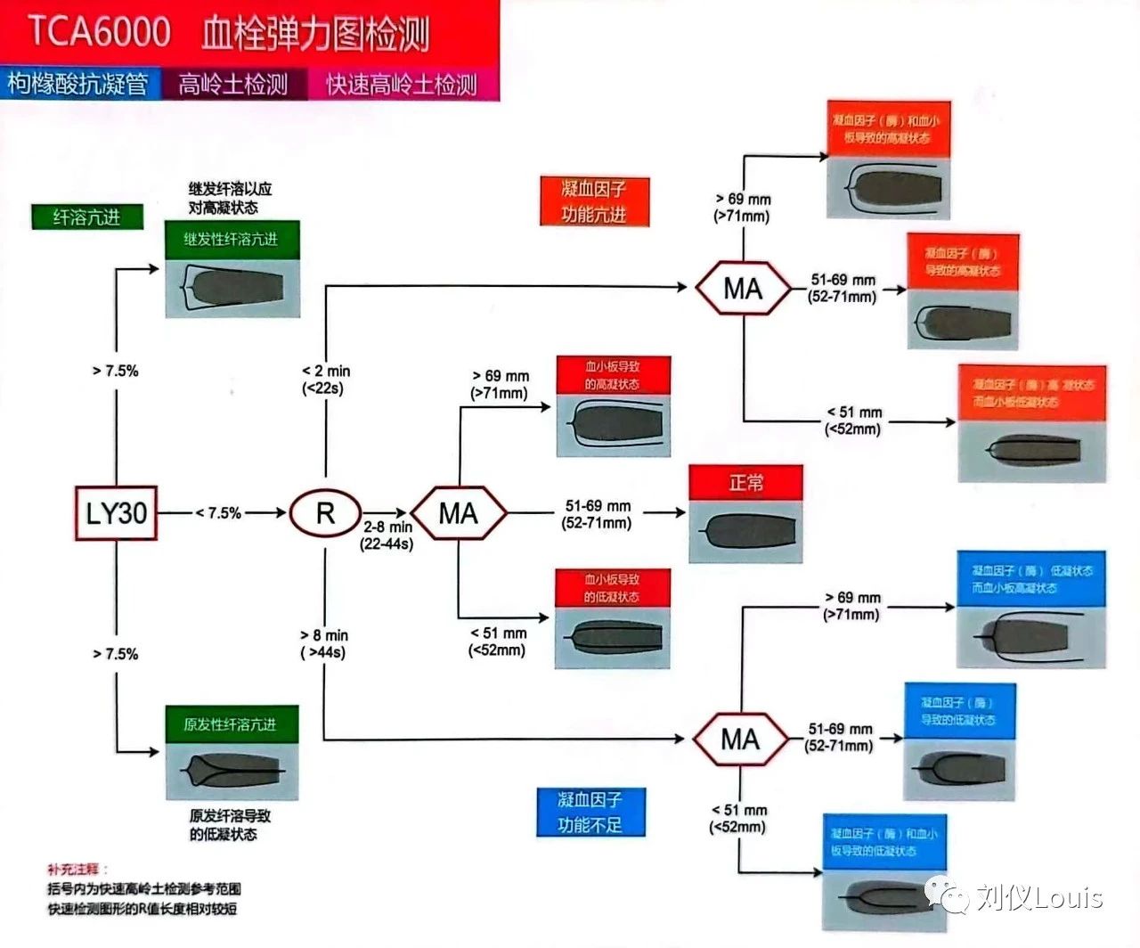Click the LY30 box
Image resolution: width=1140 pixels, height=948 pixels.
(116, 513)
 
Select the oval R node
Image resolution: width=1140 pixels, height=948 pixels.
(325, 513)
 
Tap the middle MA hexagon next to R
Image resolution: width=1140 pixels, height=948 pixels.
(459, 513)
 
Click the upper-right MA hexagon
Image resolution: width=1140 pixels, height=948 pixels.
(743, 289)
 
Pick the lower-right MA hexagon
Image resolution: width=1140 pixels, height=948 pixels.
(740, 740)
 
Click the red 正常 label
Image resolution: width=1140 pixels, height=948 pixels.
(745, 483)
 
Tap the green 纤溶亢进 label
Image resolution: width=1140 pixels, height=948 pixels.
(86, 217)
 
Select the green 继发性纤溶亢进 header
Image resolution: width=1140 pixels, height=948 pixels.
(232, 240)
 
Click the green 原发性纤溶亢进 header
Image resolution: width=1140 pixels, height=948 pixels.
(231, 724)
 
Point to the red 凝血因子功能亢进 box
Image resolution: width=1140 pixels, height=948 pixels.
(594, 201)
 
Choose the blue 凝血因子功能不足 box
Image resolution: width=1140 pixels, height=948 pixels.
(590, 812)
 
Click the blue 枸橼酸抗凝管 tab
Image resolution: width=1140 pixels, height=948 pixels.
(78, 84)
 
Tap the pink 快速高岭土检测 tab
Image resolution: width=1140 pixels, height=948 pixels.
(402, 85)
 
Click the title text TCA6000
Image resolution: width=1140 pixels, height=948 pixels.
(100, 32)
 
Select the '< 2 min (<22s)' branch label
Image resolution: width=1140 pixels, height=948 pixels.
(325, 379)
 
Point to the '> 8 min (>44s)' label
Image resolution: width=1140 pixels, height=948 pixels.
(324, 643)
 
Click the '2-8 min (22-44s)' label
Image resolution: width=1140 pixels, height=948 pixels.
(387, 535)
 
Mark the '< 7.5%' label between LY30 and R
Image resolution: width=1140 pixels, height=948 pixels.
(218, 513)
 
